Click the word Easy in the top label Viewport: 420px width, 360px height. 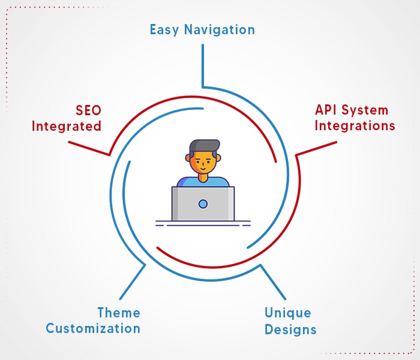pyautogui.click(x=164, y=30)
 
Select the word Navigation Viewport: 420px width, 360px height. pyautogui.click(x=220, y=29)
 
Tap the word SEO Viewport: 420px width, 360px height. pyautogui.click(x=88, y=110)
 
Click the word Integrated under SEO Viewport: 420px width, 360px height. pyautogui.click(x=67, y=126)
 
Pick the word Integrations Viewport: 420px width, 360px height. pyautogui.click(x=355, y=125)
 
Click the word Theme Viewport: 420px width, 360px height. pyautogui.click(x=119, y=313)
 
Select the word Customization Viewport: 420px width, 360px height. pyautogui.click(x=93, y=328)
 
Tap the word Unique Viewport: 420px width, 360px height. pyautogui.click(x=287, y=313)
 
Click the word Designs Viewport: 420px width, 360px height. pyautogui.click(x=290, y=329)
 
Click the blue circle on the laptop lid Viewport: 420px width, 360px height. pyautogui.click(x=203, y=204)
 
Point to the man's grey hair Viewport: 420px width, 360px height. pyautogui.click(x=204, y=146)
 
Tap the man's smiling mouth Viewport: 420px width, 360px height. pyautogui.click(x=203, y=169)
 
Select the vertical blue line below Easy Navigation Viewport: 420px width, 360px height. pyautogui.click(x=203, y=66)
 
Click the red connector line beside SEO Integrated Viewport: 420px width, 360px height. pyautogui.click(x=89, y=148)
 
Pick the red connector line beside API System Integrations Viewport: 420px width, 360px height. pyautogui.click(x=316, y=148)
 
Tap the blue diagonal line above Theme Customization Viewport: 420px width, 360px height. pyautogui.click(x=133, y=282)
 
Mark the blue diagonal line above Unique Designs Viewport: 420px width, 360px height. pyautogui.click(x=273, y=282)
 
